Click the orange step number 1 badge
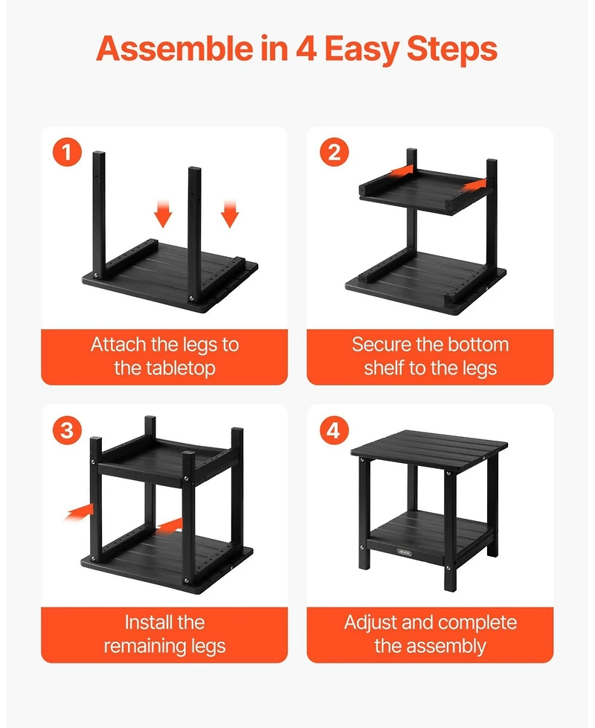[x=67, y=153]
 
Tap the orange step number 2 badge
[x=334, y=153]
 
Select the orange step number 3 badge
[x=67, y=431]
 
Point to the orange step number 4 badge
[x=334, y=431]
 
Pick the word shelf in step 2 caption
[x=385, y=368]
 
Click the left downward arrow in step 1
[x=164, y=214]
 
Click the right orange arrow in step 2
[x=472, y=183]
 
